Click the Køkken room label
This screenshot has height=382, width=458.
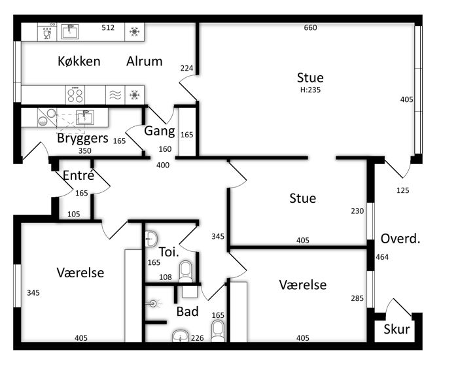[x=79, y=61]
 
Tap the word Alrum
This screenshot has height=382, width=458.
[x=145, y=61]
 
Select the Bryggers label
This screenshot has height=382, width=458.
[x=82, y=138]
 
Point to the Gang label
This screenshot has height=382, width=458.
[x=160, y=131]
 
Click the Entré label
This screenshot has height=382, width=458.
[x=79, y=175]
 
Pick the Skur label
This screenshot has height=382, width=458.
[x=396, y=329]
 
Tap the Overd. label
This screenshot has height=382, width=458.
[x=400, y=239]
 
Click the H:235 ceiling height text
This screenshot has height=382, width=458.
[x=310, y=90]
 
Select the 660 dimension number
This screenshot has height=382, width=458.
[x=310, y=27]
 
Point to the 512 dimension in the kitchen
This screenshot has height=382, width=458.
[x=108, y=27]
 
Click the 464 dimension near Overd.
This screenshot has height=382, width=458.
[x=382, y=257]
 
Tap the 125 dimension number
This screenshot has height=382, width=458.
[x=403, y=190]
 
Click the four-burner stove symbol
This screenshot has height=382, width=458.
[x=75, y=95]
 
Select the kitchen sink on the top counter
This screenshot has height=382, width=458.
[x=70, y=32]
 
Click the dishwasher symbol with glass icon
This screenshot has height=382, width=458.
[x=47, y=32]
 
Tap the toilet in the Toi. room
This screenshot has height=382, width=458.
[x=185, y=271]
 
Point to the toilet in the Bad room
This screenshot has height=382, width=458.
[x=218, y=331]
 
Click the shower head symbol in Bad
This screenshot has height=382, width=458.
[x=153, y=304]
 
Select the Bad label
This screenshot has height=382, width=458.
[x=188, y=311]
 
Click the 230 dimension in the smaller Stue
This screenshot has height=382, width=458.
[x=357, y=211]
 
